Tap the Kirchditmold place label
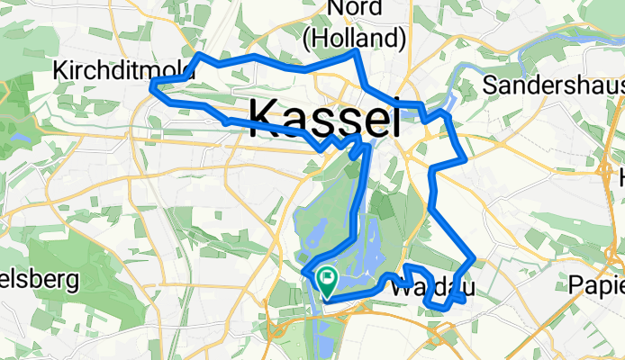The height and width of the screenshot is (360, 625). click(x=112, y=69)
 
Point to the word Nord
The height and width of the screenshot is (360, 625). click(x=354, y=9)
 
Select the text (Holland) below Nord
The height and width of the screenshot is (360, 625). click(x=353, y=39)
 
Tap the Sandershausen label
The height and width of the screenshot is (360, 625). click(x=553, y=85)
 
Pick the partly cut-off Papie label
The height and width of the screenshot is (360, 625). click(x=597, y=284)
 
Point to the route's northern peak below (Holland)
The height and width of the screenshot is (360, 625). click(x=358, y=52)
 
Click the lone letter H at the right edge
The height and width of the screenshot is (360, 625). click(x=620, y=178)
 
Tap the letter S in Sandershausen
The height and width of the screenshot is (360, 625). click(x=490, y=85)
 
